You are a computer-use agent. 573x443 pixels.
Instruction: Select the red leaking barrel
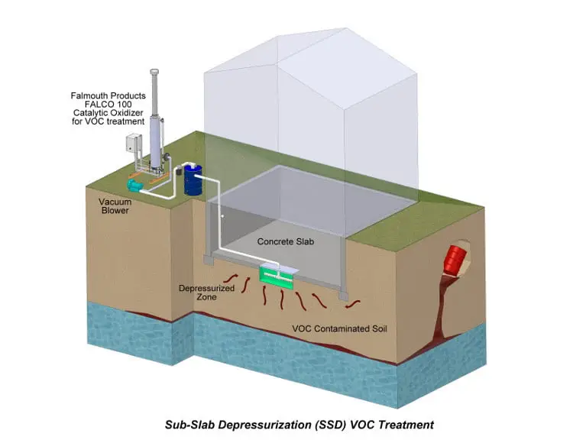458,258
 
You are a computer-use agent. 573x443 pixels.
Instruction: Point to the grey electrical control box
134,145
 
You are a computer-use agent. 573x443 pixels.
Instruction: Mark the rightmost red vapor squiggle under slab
352,306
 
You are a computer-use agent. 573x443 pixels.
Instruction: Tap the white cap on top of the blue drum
189,163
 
